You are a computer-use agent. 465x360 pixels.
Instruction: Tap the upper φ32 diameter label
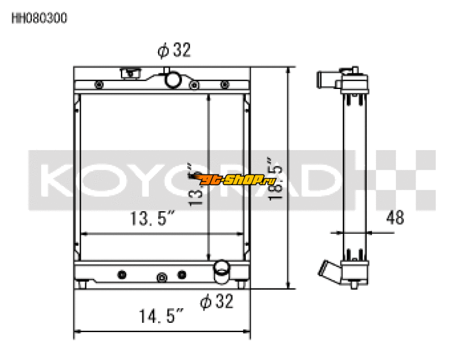(174, 51)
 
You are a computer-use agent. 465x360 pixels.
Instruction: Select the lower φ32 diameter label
(216, 301)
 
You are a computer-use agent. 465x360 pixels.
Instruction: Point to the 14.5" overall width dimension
(161, 318)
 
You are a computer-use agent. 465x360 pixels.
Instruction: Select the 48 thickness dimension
(395, 218)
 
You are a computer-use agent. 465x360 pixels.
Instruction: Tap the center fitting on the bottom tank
(162, 276)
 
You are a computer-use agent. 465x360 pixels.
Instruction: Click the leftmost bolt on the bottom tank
(121, 274)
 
